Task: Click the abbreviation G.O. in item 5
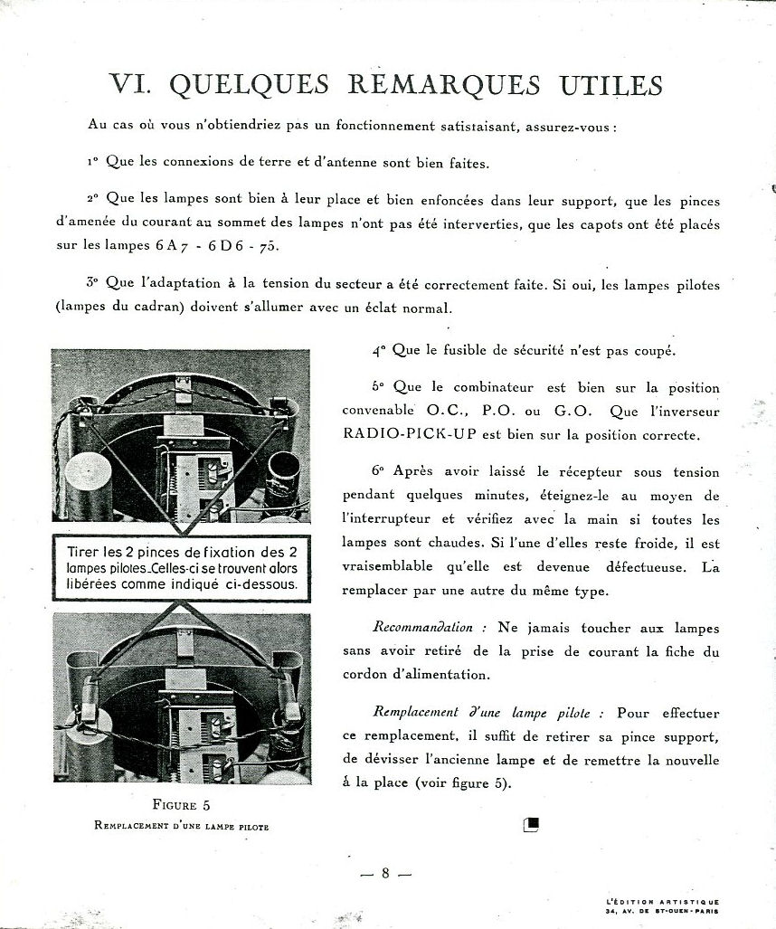pyautogui.click(x=572, y=411)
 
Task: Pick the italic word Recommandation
pyautogui.click(x=422, y=628)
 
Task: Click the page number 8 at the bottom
pyautogui.click(x=385, y=874)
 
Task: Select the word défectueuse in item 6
pyautogui.click(x=633, y=568)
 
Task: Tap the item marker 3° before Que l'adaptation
pyautogui.click(x=91, y=282)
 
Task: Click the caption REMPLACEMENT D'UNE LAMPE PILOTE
pyautogui.click(x=181, y=826)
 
